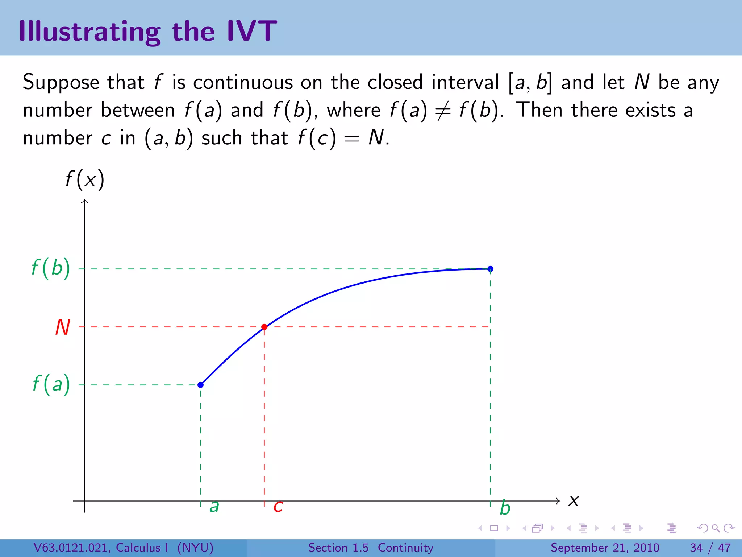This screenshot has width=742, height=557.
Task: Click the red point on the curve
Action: [264, 327]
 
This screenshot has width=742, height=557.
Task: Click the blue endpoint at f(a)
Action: [200, 385]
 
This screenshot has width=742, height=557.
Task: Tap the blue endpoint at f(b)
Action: [490, 269]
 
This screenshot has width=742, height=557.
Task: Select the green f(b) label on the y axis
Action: [51, 268]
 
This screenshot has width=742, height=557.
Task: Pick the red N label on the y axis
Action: [62, 327]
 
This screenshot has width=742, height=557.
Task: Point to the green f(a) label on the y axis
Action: [51, 384]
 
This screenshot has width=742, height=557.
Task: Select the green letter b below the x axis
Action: [505, 508]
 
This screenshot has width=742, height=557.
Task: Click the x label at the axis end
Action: [574, 501]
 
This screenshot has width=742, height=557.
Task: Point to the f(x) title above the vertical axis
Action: [85, 180]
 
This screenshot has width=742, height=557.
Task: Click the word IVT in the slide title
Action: [251, 31]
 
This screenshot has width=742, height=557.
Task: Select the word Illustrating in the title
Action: [89, 32]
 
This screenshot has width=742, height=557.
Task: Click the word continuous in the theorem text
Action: [243, 82]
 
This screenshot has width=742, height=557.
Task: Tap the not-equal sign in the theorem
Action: [443, 111]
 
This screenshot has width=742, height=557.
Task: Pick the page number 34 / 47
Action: [710, 548]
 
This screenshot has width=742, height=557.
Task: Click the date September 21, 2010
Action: [605, 548]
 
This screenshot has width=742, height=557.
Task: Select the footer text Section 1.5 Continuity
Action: [371, 548]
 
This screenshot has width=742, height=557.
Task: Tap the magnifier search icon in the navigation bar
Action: [716, 528]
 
